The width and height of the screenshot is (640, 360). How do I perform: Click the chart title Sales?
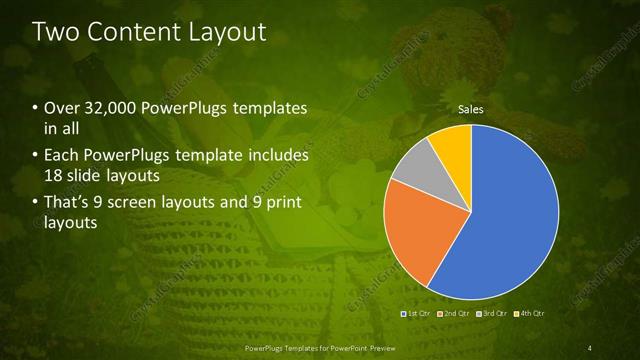[471, 109]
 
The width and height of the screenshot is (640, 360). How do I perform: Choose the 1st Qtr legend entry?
[417, 314]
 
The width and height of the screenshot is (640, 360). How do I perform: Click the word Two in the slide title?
[57, 32]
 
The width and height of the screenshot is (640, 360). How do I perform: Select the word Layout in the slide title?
[227, 32]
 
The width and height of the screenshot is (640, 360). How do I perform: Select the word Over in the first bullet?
[62, 107]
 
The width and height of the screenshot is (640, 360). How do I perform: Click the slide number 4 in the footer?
[589, 347]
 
